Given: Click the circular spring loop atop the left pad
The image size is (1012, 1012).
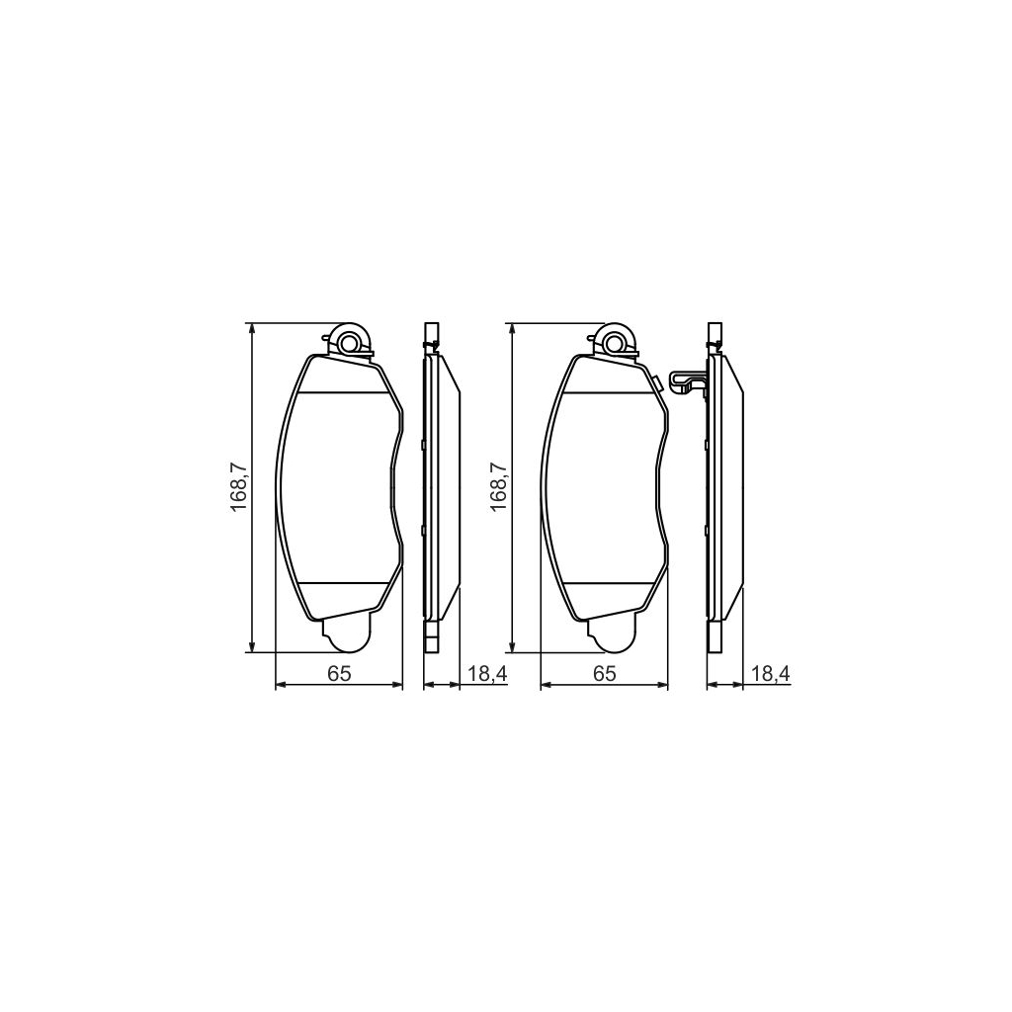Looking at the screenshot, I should click(348, 342).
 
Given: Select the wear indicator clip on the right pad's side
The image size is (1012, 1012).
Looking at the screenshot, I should click(685, 380).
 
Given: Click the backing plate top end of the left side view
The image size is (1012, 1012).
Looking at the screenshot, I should click(430, 332).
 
